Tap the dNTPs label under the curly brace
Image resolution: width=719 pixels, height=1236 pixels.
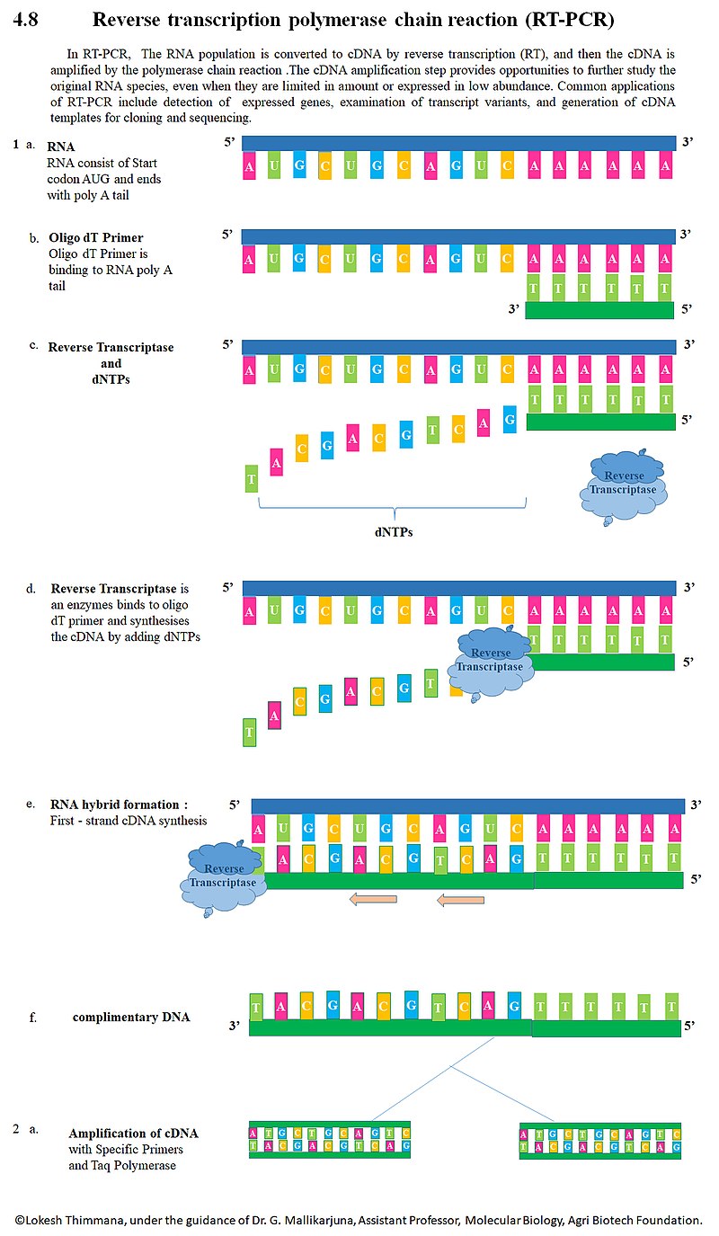(395, 531)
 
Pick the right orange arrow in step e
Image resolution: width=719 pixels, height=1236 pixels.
(459, 898)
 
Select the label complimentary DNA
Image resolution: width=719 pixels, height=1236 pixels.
(131, 1018)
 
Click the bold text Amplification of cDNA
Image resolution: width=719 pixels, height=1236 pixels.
(133, 1133)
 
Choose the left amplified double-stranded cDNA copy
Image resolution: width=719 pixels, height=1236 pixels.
(330, 1139)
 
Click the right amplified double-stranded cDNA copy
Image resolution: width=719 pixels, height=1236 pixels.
(600, 1139)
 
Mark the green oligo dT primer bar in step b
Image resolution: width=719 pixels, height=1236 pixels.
(599, 310)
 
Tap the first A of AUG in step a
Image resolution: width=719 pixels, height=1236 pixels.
(249, 167)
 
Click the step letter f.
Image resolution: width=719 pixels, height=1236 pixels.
(32, 1018)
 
